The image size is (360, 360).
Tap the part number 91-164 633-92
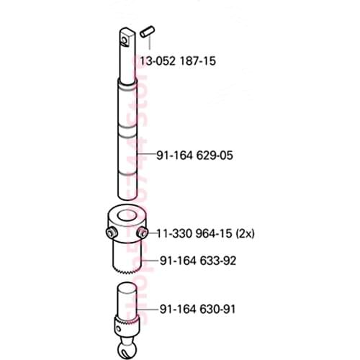(x=198, y=261)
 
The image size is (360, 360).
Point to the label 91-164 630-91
(x=198, y=309)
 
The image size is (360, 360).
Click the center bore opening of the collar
(x=127, y=217)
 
